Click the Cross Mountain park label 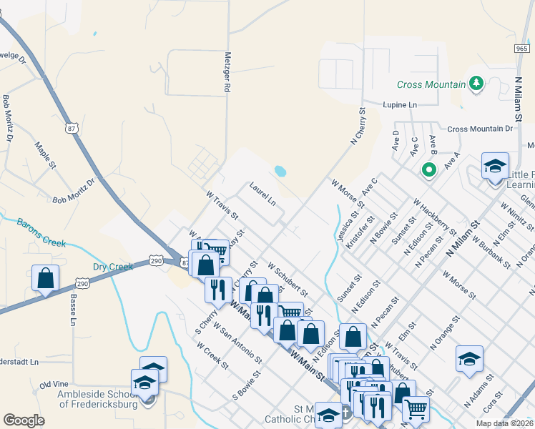pos(432,84)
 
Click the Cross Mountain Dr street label pos(480,129)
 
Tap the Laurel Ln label pos(262,193)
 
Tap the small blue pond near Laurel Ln pos(280,171)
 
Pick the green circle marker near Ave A pos(428,170)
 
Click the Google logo pos(24,420)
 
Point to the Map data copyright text pos(504,423)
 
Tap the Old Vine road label pos(54,385)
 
